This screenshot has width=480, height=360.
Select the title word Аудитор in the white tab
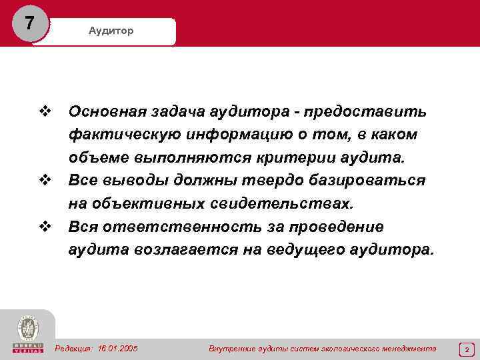[x=111, y=31]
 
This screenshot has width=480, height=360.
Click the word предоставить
[x=374, y=111]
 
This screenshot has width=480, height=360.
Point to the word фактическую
[x=118, y=135]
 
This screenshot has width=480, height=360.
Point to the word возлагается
[x=183, y=251]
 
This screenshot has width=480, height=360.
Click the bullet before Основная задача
[x=45, y=111]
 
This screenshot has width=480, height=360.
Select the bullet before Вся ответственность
[x=45, y=227]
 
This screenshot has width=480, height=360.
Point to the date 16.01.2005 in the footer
[x=117, y=349]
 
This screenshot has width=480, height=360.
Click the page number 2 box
[x=466, y=349]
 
